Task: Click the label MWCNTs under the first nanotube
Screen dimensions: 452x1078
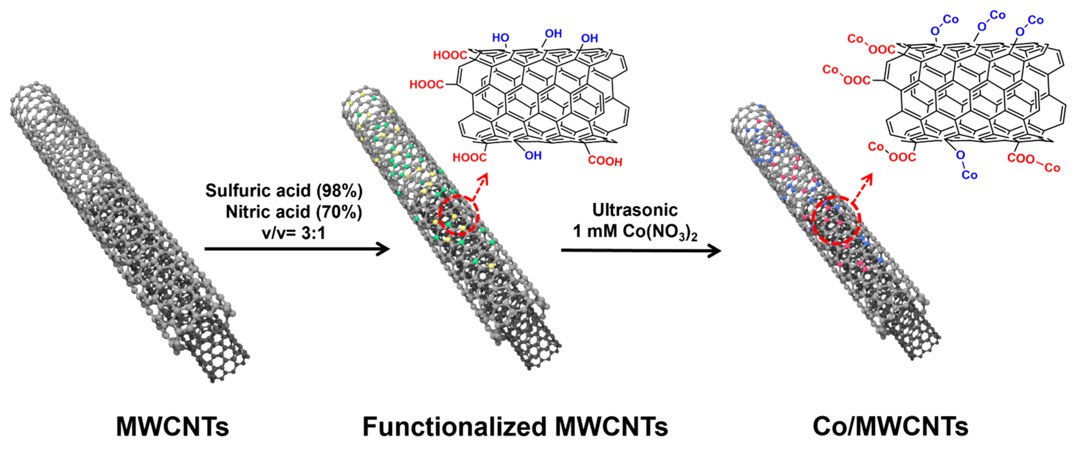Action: [x=172, y=426]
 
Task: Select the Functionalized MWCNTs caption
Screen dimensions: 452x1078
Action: [x=515, y=426]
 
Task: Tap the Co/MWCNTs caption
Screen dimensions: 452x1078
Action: [x=890, y=426]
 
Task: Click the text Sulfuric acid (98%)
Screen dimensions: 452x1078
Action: [x=284, y=191]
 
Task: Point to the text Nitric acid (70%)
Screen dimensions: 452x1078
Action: [x=294, y=212]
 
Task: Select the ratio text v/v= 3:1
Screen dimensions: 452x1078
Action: [x=294, y=233]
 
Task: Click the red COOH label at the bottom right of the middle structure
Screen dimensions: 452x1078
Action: [x=605, y=161]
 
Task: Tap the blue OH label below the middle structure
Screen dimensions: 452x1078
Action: [x=533, y=156]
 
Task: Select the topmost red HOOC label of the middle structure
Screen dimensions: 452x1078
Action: [x=450, y=55]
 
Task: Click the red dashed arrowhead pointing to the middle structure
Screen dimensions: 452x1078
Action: [x=484, y=179]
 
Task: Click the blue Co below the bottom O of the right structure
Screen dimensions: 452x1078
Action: [x=969, y=175]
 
